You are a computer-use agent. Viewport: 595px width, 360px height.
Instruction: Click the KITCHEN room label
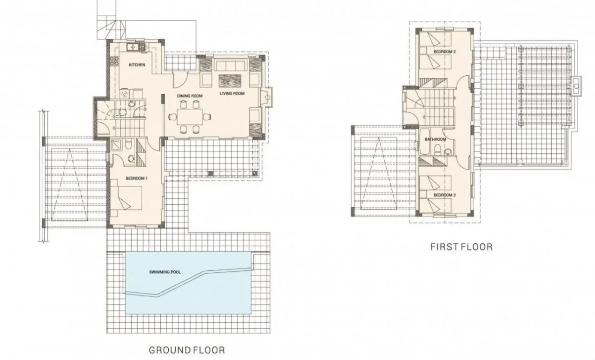137,65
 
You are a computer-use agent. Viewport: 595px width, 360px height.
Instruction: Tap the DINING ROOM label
190,96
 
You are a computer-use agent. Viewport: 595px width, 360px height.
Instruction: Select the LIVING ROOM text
232,93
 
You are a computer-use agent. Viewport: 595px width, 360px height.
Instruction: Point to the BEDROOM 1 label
137,178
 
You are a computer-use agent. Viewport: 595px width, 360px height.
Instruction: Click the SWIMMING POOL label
165,272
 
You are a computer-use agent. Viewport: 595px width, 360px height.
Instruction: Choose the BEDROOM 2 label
445,52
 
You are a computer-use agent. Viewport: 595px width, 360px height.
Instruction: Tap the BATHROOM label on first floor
436,139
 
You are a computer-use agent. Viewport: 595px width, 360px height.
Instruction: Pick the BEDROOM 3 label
445,195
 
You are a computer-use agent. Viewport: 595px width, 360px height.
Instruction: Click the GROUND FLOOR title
187,350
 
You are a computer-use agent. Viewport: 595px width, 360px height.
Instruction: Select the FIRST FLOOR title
462,247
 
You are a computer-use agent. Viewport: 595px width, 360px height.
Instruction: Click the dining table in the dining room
190,117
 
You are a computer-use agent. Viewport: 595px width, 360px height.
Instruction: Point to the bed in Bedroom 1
126,198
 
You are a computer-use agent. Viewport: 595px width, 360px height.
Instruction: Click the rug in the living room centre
230,81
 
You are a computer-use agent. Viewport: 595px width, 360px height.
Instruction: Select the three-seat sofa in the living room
230,65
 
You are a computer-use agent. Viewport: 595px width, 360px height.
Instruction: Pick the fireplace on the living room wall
266,97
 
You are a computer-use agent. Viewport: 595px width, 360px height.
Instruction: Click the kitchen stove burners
116,61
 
